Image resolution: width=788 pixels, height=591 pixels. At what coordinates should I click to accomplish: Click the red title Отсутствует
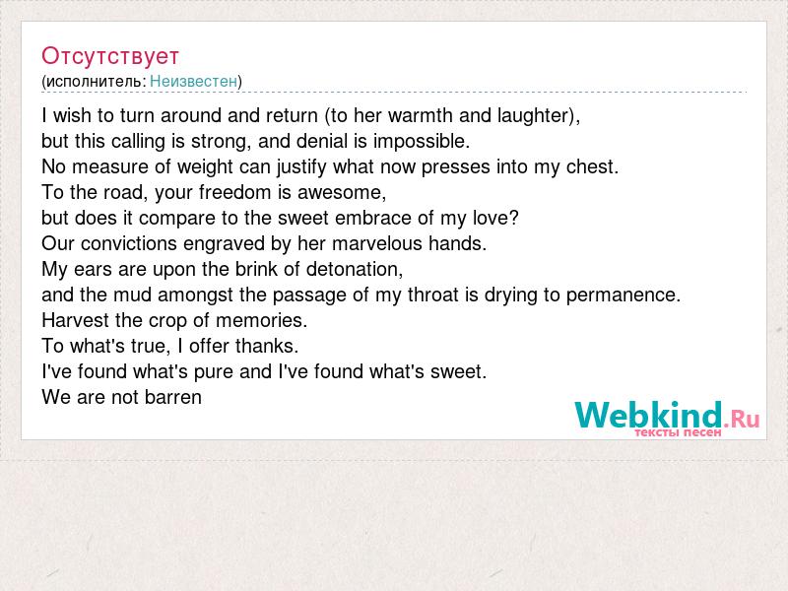pos(110,56)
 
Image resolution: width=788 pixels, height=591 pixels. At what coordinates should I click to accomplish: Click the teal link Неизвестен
pos(193,81)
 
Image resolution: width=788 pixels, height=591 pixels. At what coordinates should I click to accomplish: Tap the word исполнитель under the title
pos(94,82)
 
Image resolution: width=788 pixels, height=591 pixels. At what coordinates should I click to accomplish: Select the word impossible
pos(420,142)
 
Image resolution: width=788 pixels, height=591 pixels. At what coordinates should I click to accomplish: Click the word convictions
pos(129,243)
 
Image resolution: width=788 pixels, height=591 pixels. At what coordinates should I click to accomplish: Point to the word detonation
pos(353,269)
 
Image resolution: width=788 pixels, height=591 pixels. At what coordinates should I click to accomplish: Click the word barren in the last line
pos(173,398)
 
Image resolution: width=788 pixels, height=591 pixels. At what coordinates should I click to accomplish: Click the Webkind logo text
pos(649,415)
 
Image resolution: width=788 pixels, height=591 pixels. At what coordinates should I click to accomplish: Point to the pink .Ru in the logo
pos(742,418)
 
